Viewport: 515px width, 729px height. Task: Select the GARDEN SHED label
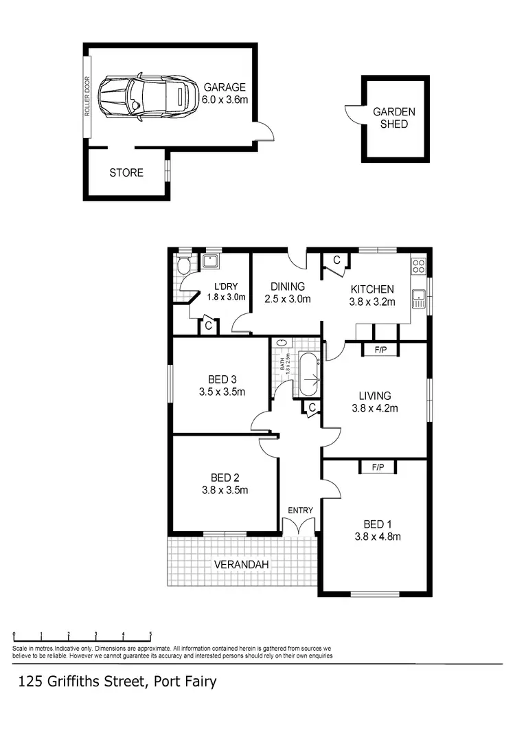click(393, 117)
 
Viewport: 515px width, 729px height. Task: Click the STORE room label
click(126, 172)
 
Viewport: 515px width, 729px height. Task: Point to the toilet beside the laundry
click(183, 266)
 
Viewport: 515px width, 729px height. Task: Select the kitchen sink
click(418, 298)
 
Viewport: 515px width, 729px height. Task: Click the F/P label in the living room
click(380, 350)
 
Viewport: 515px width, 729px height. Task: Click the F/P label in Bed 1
click(377, 467)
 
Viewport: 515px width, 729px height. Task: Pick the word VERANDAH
click(240, 564)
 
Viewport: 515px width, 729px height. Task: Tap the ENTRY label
click(301, 510)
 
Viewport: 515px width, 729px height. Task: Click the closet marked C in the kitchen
click(336, 260)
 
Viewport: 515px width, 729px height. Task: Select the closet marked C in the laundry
click(208, 326)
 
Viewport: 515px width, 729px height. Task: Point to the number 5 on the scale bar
click(150, 634)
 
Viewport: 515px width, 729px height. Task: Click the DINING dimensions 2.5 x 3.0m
click(288, 299)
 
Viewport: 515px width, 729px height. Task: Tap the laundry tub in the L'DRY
click(211, 261)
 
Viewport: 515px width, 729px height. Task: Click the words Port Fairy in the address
click(185, 682)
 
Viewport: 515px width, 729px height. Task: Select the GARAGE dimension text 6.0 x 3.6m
click(225, 100)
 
